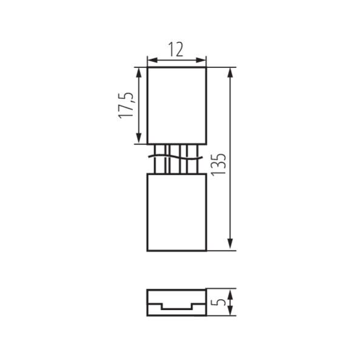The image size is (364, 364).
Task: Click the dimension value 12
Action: pos(176,49)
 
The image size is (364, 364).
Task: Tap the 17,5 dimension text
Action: pos(126,106)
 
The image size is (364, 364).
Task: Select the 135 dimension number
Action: pos(218,164)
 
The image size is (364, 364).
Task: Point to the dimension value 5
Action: pos(218,302)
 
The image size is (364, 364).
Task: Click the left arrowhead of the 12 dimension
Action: pos(152,60)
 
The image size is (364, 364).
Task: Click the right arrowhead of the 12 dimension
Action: pos(201,60)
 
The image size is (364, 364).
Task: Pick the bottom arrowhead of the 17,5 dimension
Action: pos(138,139)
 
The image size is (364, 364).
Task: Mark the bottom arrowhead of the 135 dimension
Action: pos(230,244)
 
